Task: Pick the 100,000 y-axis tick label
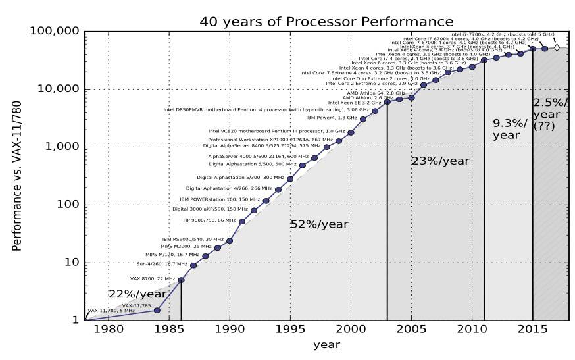(x=55, y=32)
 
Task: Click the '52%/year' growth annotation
(x=319, y=224)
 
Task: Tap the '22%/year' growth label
(x=137, y=294)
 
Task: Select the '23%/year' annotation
(x=441, y=161)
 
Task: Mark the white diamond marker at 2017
(x=557, y=47)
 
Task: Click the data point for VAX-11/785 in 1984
(x=157, y=310)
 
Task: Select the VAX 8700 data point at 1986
(x=181, y=280)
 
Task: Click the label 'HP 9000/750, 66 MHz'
(x=209, y=220)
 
